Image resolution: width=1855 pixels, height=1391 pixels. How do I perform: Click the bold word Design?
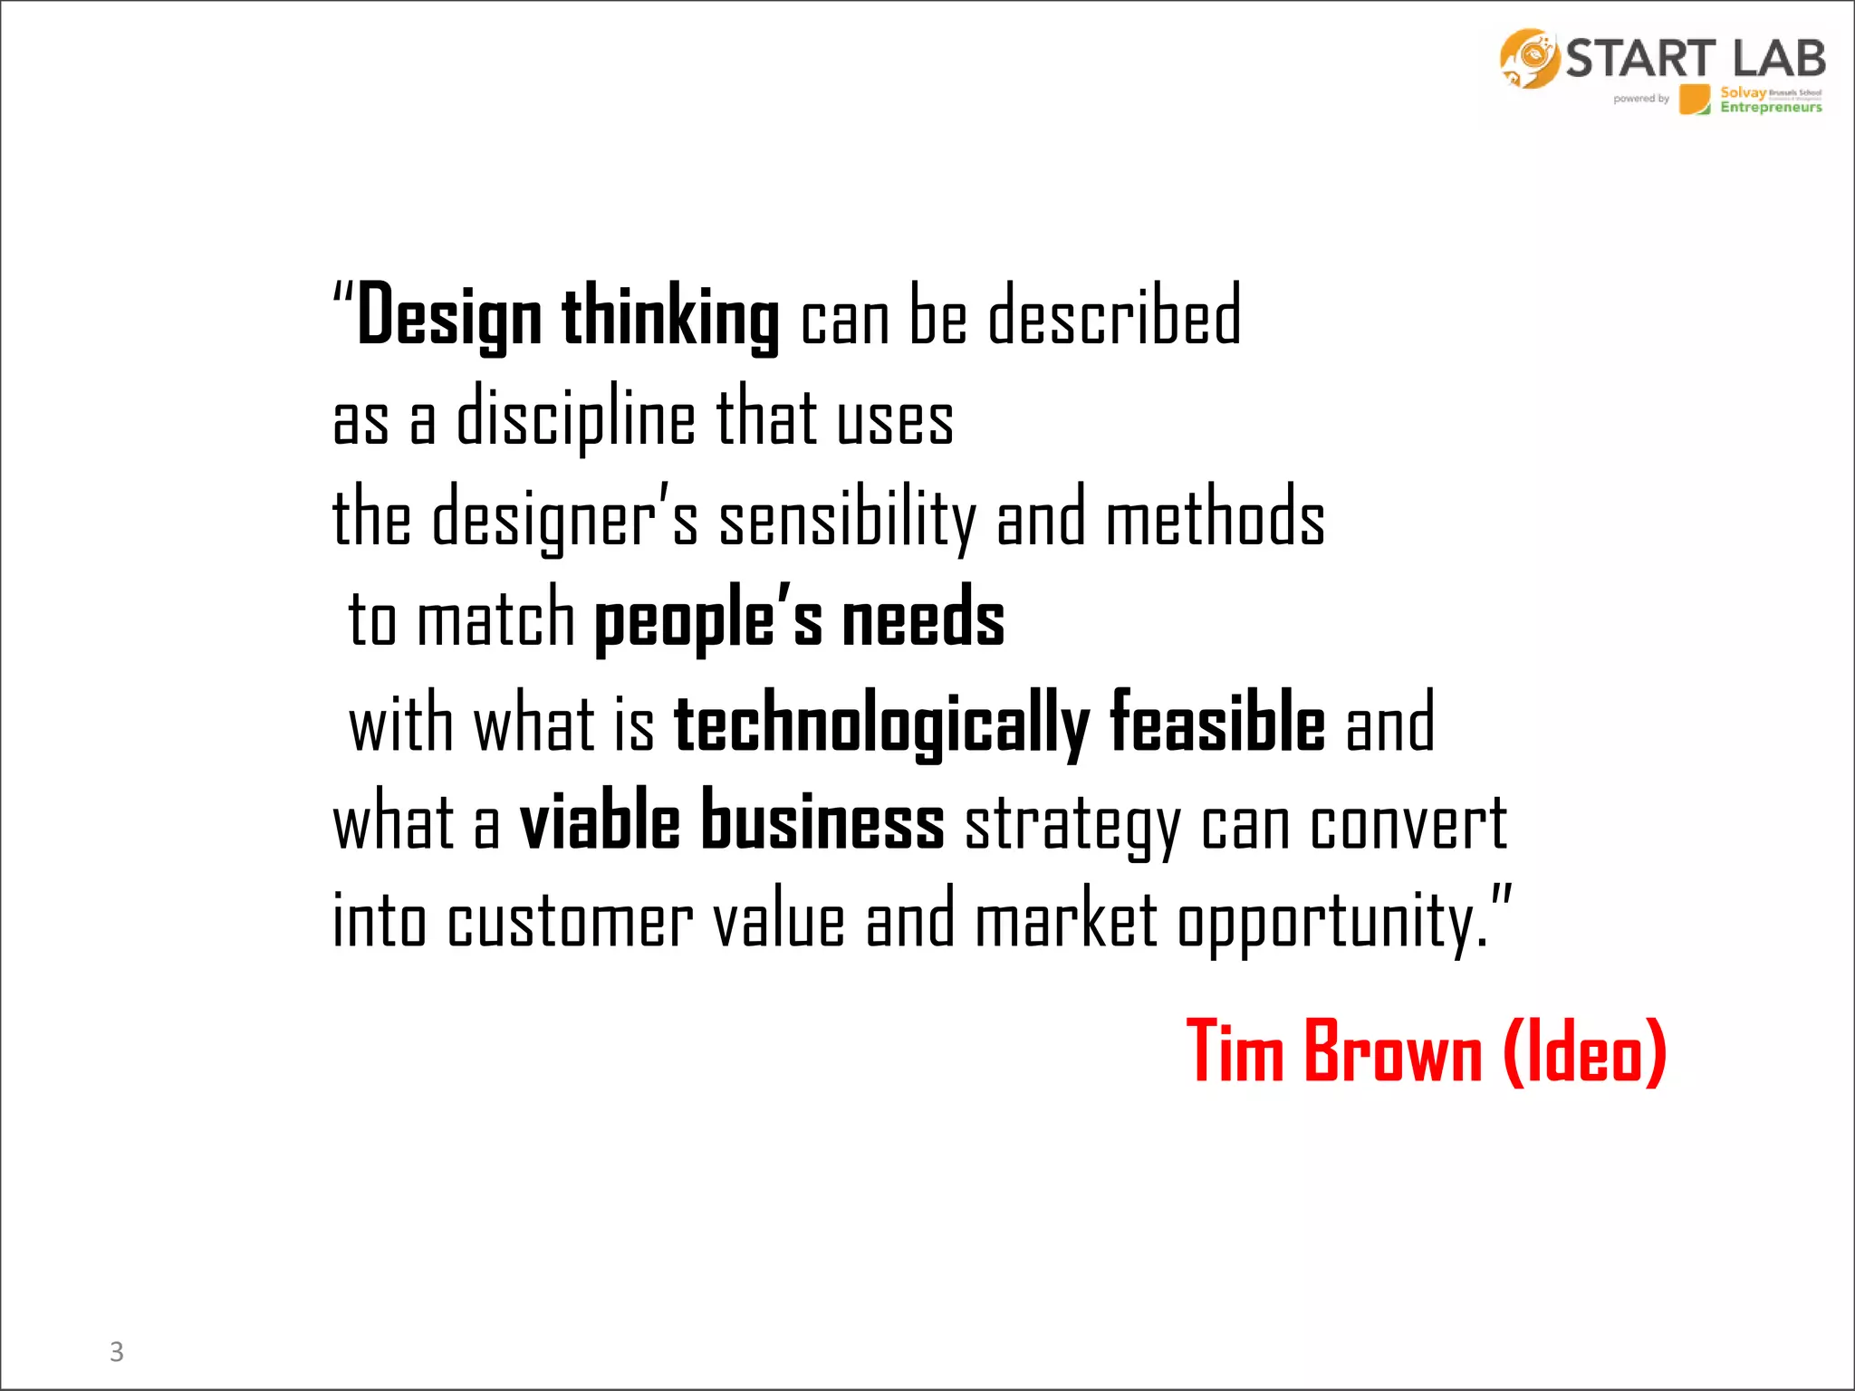click(449, 317)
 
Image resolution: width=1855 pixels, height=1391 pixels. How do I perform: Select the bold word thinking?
click(670, 317)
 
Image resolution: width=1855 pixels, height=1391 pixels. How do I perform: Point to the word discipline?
click(575, 418)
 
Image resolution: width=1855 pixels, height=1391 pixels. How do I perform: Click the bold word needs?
click(923, 619)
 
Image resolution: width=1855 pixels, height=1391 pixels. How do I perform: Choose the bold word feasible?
click(1217, 721)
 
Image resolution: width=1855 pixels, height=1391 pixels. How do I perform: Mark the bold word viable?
click(600, 821)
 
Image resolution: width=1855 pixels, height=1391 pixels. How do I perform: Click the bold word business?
click(823, 820)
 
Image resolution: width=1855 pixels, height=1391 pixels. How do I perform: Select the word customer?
click(571, 922)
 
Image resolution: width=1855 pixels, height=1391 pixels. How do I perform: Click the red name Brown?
click(1393, 1051)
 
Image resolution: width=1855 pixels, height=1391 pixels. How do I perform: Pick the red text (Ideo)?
click(1584, 1051)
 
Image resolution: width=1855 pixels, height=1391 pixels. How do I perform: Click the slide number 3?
click(117, 1351)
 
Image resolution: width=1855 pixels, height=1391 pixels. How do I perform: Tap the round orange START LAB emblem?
click(1529, 58)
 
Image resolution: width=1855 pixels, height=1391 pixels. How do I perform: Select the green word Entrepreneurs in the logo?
click(1771, 108)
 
